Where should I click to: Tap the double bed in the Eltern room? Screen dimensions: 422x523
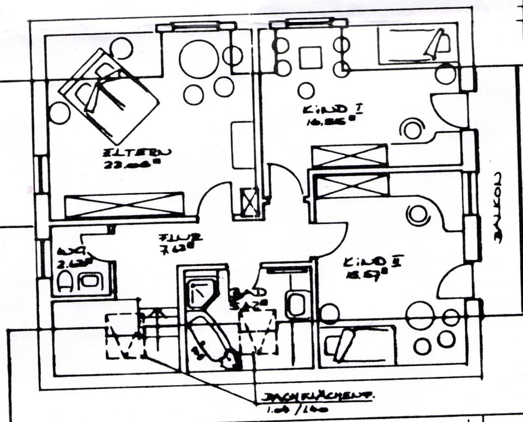click(111, 96)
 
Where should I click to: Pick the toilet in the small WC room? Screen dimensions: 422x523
click(65, 282)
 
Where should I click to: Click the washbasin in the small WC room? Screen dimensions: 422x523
click(89, 281)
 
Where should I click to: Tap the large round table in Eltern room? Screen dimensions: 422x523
click(198, 59)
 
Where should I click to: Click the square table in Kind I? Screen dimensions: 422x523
click(311, 57)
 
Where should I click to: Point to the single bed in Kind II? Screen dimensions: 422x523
click(357, 345)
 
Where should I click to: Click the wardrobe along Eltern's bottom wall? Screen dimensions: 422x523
click(124, 205)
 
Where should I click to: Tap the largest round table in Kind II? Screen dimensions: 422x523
click(419, 315)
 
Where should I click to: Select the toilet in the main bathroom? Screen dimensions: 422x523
click(296, 304)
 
